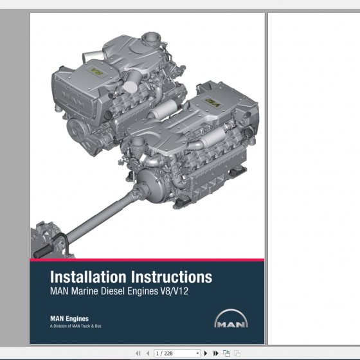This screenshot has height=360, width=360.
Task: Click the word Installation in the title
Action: coord(89,278)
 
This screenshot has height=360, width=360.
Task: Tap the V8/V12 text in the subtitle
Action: coord(174,291)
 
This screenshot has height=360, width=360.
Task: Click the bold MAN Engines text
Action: coord(69,318)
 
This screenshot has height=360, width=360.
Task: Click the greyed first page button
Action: coord(138,353)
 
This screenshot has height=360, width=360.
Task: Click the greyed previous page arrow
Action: coord(148,353)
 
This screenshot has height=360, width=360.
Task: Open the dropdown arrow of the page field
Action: coord(197,353)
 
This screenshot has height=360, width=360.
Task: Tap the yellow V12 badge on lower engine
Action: coord(212,102)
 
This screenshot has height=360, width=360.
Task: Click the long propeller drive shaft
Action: coord(96,215)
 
